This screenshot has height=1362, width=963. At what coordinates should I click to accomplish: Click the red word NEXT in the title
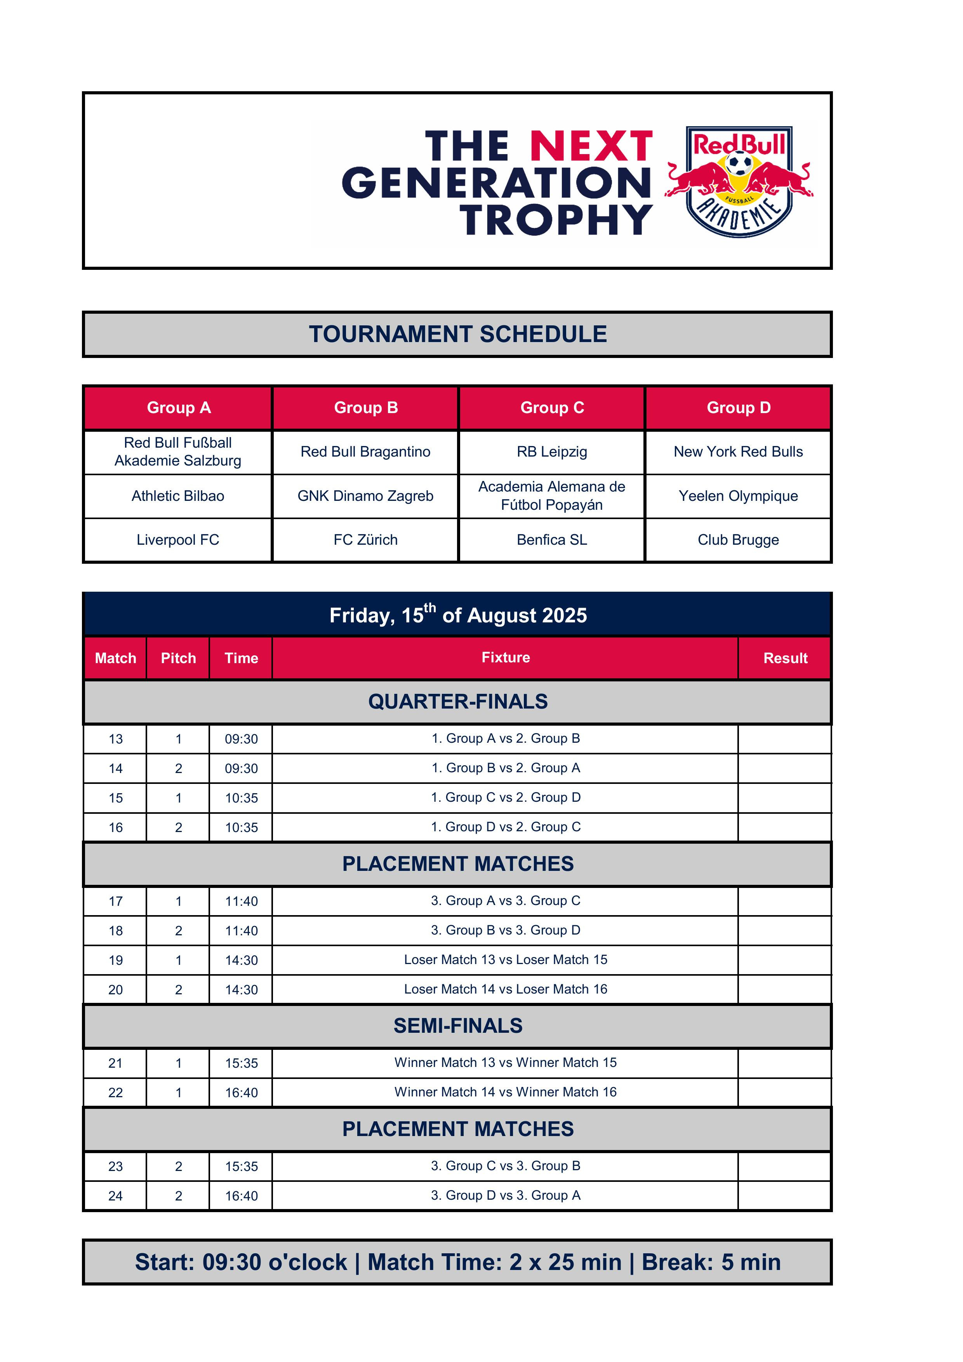[x=591, y=146]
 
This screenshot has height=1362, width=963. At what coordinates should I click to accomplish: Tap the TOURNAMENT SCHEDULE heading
[x=457, y=334]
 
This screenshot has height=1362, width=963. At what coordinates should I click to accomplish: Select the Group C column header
[x=552, y=408]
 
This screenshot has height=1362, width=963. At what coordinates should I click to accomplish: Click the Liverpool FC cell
[x=178, y=540]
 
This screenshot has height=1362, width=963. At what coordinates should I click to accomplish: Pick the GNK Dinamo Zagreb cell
[x=365, y=496]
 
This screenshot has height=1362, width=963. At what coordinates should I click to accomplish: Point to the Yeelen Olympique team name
[x=738, y=496]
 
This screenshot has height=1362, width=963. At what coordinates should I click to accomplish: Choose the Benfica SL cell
[x=552, y=540]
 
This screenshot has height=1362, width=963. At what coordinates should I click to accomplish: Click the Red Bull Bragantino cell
[x=365, y=452]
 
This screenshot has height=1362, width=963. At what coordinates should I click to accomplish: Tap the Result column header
[x=785, y=658]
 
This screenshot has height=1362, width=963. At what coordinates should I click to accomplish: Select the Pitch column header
[x=178, y=658]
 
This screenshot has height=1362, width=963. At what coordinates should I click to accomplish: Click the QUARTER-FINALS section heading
[x=457, y=701]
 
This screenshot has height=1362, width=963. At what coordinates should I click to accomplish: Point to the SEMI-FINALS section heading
[x=457, y=1026]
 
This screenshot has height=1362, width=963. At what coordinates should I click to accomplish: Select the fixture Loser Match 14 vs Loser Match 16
[x=506, y=989]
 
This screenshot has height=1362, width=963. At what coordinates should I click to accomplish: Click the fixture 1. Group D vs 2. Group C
[x=506, y=827]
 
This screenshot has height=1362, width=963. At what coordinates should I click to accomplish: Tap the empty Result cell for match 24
[x=785, y=1196]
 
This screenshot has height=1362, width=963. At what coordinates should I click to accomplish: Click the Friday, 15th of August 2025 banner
[x=457, y=615]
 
